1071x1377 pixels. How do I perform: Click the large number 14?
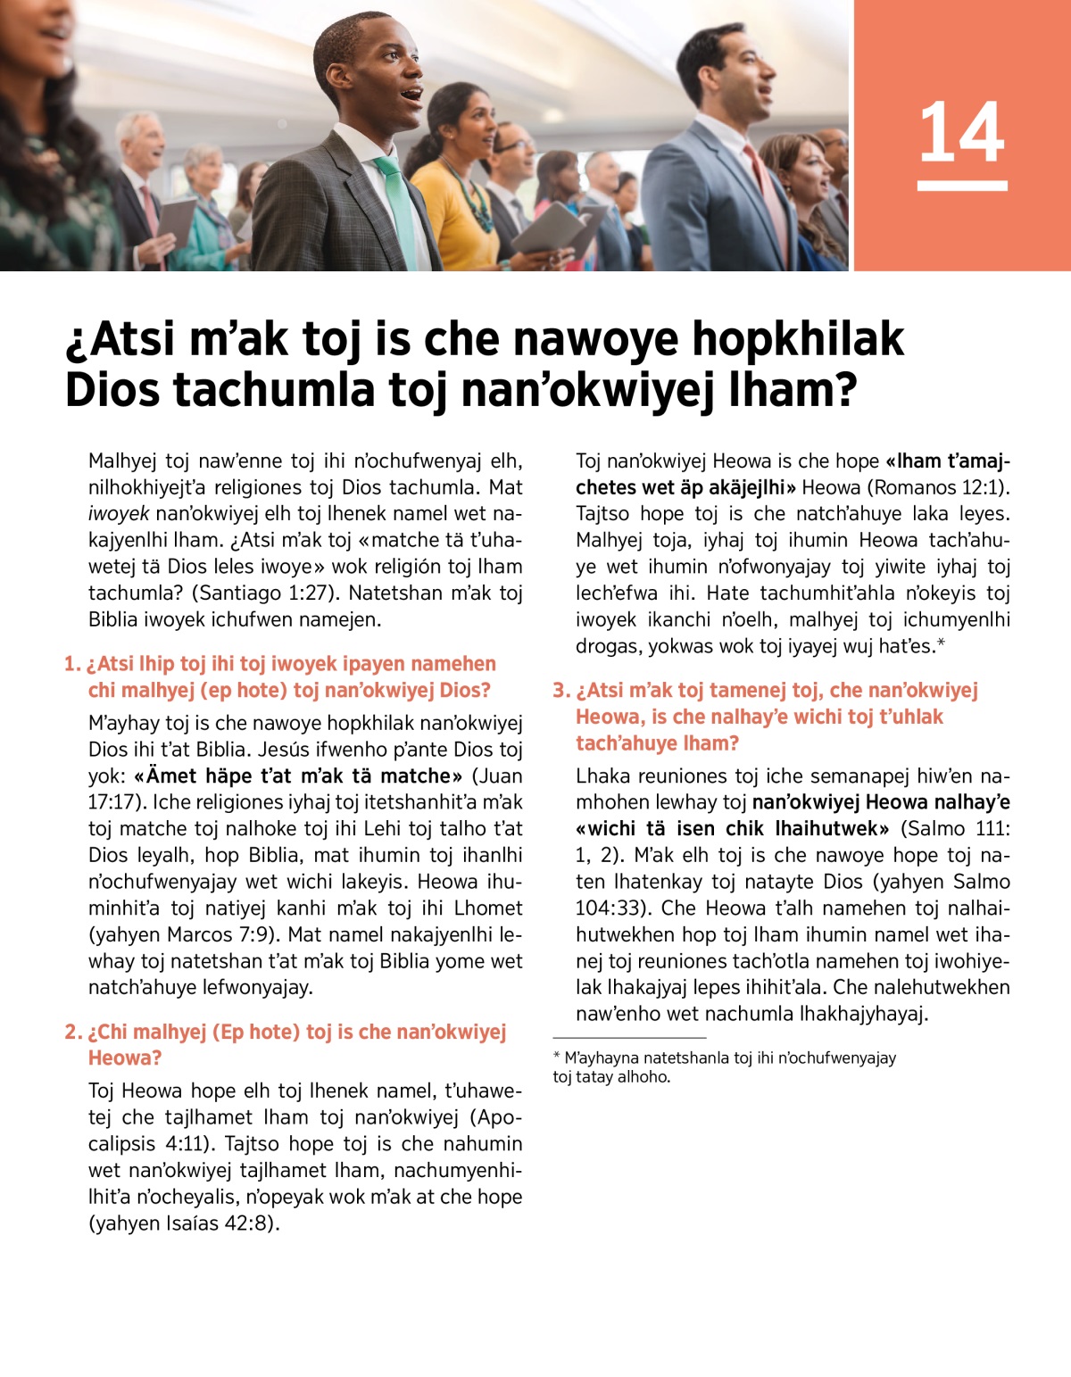point(961,132)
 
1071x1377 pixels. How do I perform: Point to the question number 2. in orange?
point(73,1033)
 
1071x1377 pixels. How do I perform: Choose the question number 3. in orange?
point(561,691)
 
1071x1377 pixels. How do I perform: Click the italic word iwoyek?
point(119,514)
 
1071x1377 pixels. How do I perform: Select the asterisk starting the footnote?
point(557,1057)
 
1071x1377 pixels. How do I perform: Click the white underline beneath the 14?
point(961,186)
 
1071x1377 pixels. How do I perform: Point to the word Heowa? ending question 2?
point(125,1058)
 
